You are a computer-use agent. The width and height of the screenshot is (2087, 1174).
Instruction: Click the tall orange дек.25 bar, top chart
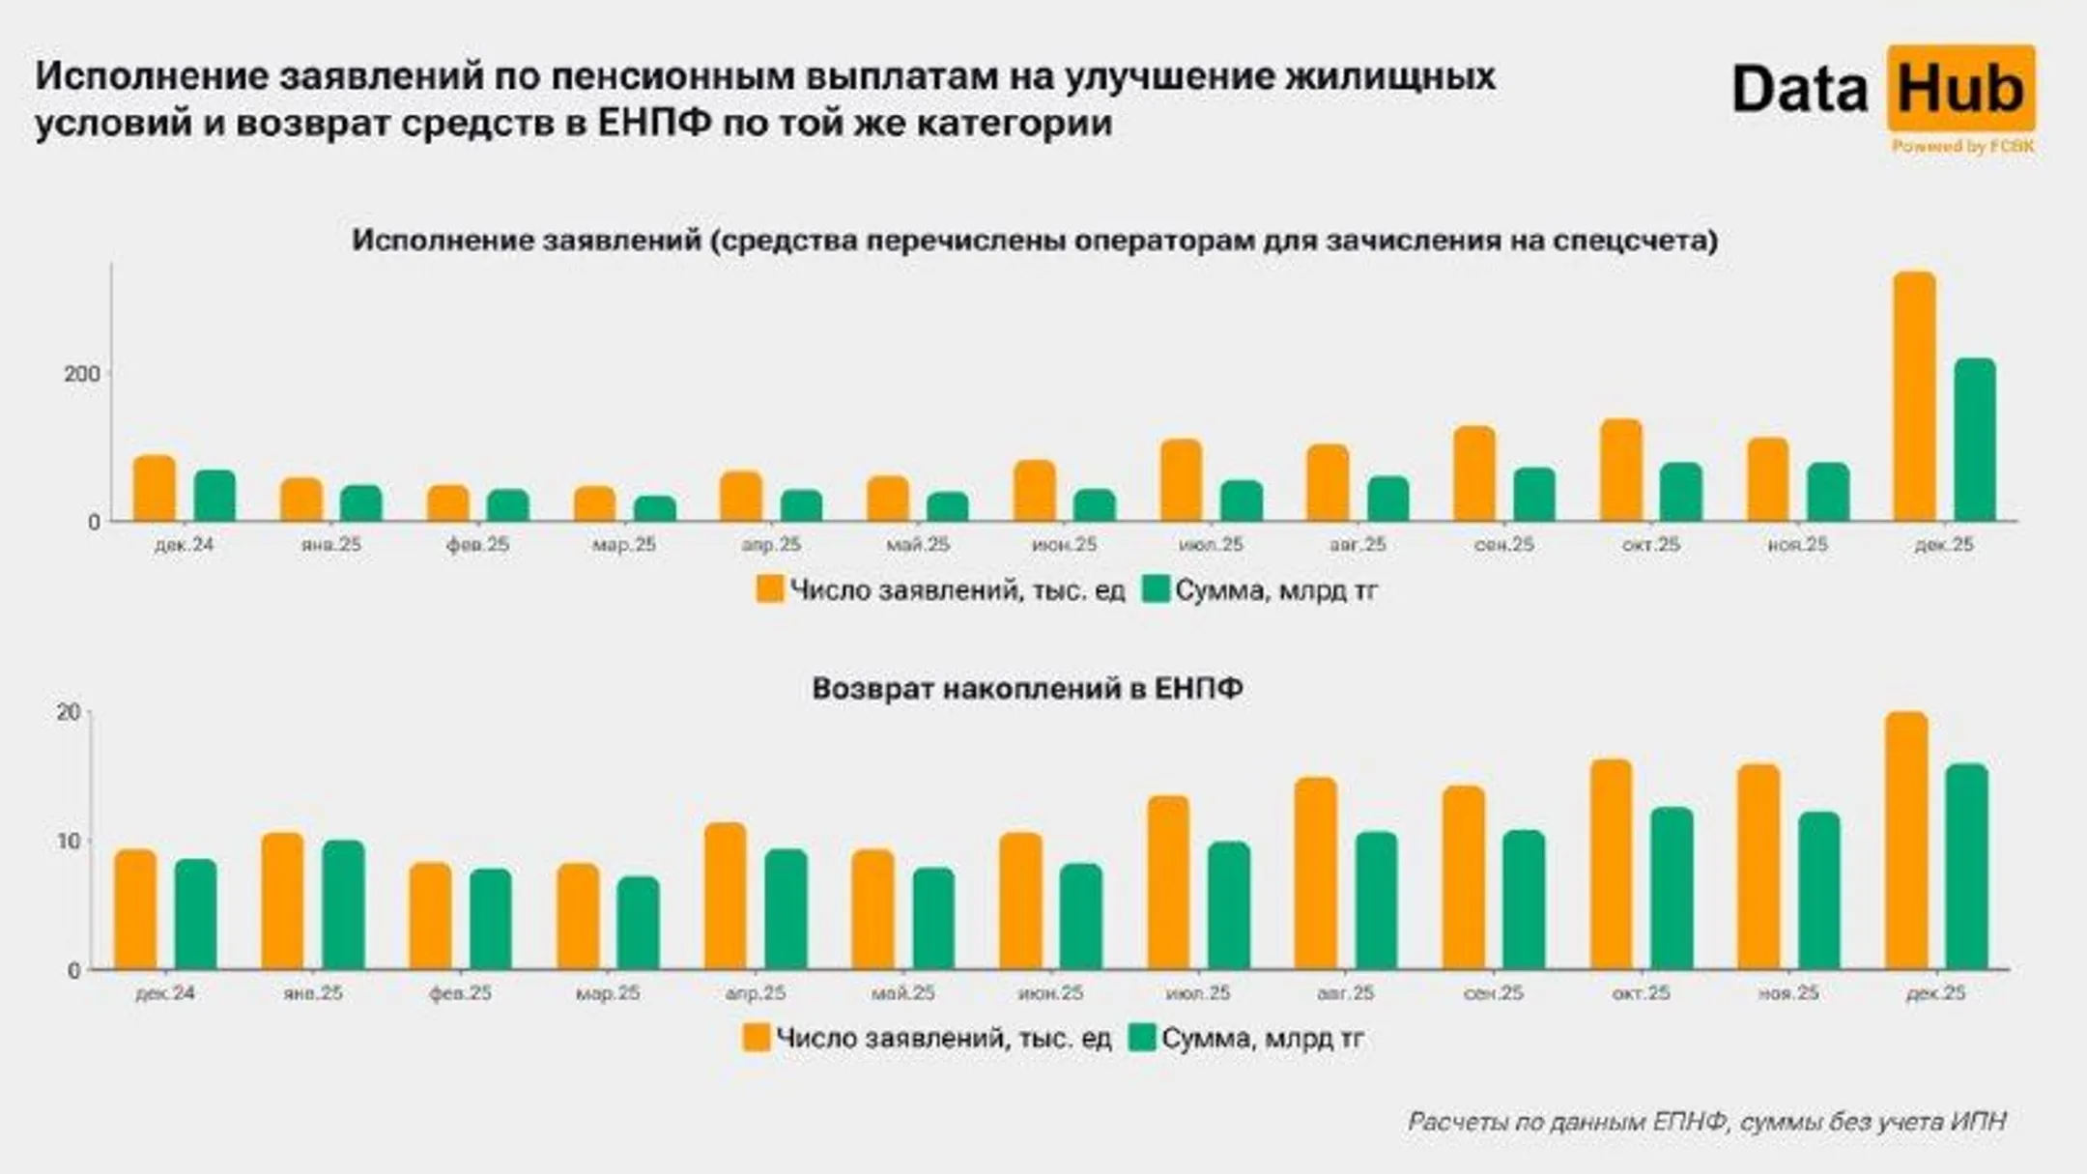click(x=1914, y=396)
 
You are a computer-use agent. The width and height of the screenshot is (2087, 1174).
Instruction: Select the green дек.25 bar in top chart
click(x=1974, y=440)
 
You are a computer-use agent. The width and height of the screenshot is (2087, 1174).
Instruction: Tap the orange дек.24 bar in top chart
click(x=155, y=488)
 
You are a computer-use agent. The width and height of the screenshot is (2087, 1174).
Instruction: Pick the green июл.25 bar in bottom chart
click(x=1228, y=905)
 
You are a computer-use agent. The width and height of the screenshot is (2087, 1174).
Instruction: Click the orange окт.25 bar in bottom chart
click(x=1611, y=865)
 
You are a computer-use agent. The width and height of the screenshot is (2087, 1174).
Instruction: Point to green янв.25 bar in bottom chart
click(x=343, y=905)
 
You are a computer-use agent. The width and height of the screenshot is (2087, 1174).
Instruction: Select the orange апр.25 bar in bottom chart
click(x=725, y=896)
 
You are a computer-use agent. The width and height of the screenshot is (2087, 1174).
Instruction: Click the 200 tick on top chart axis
click(x=82, y=374)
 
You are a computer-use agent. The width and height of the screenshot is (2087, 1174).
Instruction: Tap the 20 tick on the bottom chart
click(x=69, y=713)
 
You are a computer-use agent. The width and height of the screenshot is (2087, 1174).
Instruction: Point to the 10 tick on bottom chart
click(x=69, y=842)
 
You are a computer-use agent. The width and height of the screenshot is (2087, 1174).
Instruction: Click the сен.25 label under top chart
click(x=1503, y=545)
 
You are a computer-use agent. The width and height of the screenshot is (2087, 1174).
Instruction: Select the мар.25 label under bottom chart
click(x=608, y=993)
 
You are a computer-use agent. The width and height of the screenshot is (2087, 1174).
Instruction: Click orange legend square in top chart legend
click(x=769, y=589)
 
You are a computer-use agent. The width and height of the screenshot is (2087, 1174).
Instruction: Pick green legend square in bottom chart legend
click(x=1142, y=1038)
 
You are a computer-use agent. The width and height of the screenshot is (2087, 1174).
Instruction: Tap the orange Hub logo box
click(x=1960, y=88)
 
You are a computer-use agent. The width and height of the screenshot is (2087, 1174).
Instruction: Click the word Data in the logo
click(x=1799, y=90)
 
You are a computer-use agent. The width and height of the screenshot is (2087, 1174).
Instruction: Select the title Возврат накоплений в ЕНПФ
click(x=1027, y=689)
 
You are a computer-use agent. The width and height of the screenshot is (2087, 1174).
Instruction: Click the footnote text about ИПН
click(x=1706, y=1122)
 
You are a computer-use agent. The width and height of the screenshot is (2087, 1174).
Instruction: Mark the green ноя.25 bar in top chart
click(x=1827, y=492)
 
